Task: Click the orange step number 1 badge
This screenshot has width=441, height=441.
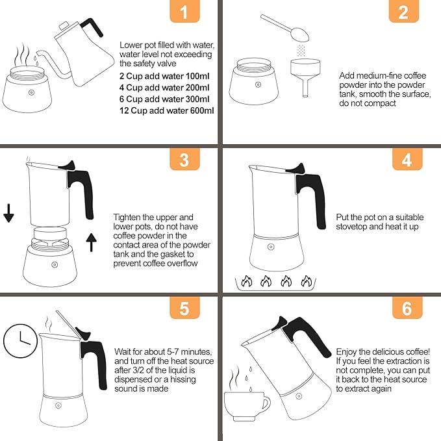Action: pyautogui.click(x=184, y=12)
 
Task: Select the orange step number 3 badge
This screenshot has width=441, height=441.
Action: pyautogui.click(x=184, y=160)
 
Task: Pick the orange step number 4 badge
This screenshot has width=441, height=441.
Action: pyautogui.click(x=407, y=160)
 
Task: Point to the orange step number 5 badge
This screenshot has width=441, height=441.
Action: pyautogui.click(x=184, y=308)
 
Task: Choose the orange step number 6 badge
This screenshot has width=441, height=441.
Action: pyautogui.click(x=407, y=308)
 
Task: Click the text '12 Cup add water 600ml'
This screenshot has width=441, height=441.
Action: pyautogui.click(x=167, y=110)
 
